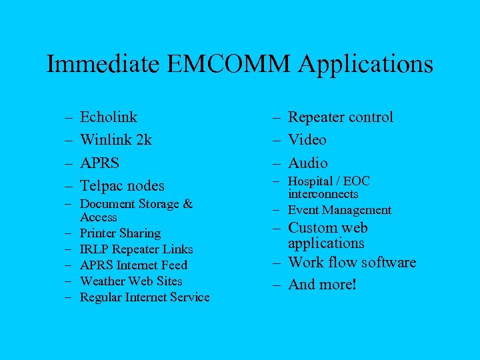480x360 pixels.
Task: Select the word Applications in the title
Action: pyautogui.click(x=366, y=65)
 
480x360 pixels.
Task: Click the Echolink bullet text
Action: pyautogui.click(x=108, y=117)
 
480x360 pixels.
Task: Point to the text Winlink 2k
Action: pyautogui.click(x=115, y=140)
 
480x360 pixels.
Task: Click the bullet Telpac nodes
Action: pyautogui.click(x=122, y=185)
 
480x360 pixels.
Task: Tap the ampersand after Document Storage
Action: pyautogui.click(x=188, y=204)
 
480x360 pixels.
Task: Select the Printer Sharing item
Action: pyautogui.click(x=120, y=233)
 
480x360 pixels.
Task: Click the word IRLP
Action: pyautogui.click(x=93, y=249)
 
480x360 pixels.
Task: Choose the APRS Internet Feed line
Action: pyautogui.click(x=133, y=265)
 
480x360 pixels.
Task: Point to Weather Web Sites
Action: pyautogui.click(x=131, y=281)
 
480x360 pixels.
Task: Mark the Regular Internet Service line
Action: pyautogui.click(x=145, y=297)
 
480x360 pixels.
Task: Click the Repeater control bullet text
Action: pyautogui.click(x=340, y=117)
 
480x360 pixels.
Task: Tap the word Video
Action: pyautogui.click(x=307, y=140)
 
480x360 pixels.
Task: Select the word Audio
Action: pyautogui.click(x=307, y=163)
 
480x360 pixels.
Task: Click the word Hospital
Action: pyautogui.click(x=311, y=181)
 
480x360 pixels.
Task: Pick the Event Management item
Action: pyautogui.click(x=339, y=210)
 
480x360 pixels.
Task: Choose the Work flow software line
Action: pyautogui.click(x=351, y=263)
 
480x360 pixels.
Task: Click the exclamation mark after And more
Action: pyautogui.click(x=355, y=285)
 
